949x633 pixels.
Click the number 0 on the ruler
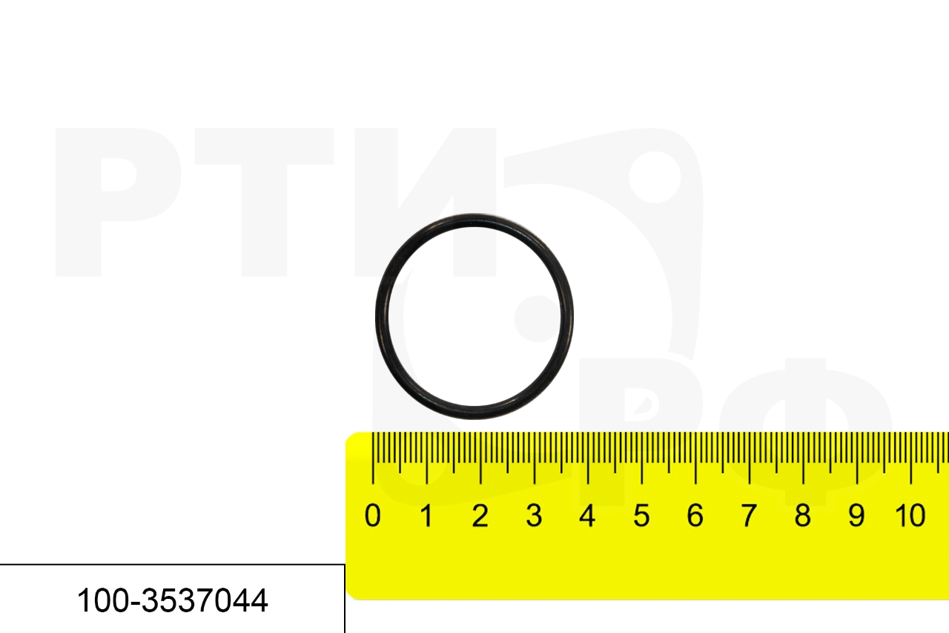tap(372, 516)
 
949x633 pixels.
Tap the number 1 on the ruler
tap(426, 516)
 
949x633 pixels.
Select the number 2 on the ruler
tap(480, 516)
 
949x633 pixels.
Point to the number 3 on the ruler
tap(534, 516)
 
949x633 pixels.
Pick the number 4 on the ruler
tap(588, 516)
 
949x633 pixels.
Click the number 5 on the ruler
tap(641, 516)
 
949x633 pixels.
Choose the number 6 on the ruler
tap(695, 516)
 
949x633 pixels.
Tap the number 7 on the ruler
tap(749, 516)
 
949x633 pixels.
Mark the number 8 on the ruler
tap(803, 516)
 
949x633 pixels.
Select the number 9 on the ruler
tap(856, 516)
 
